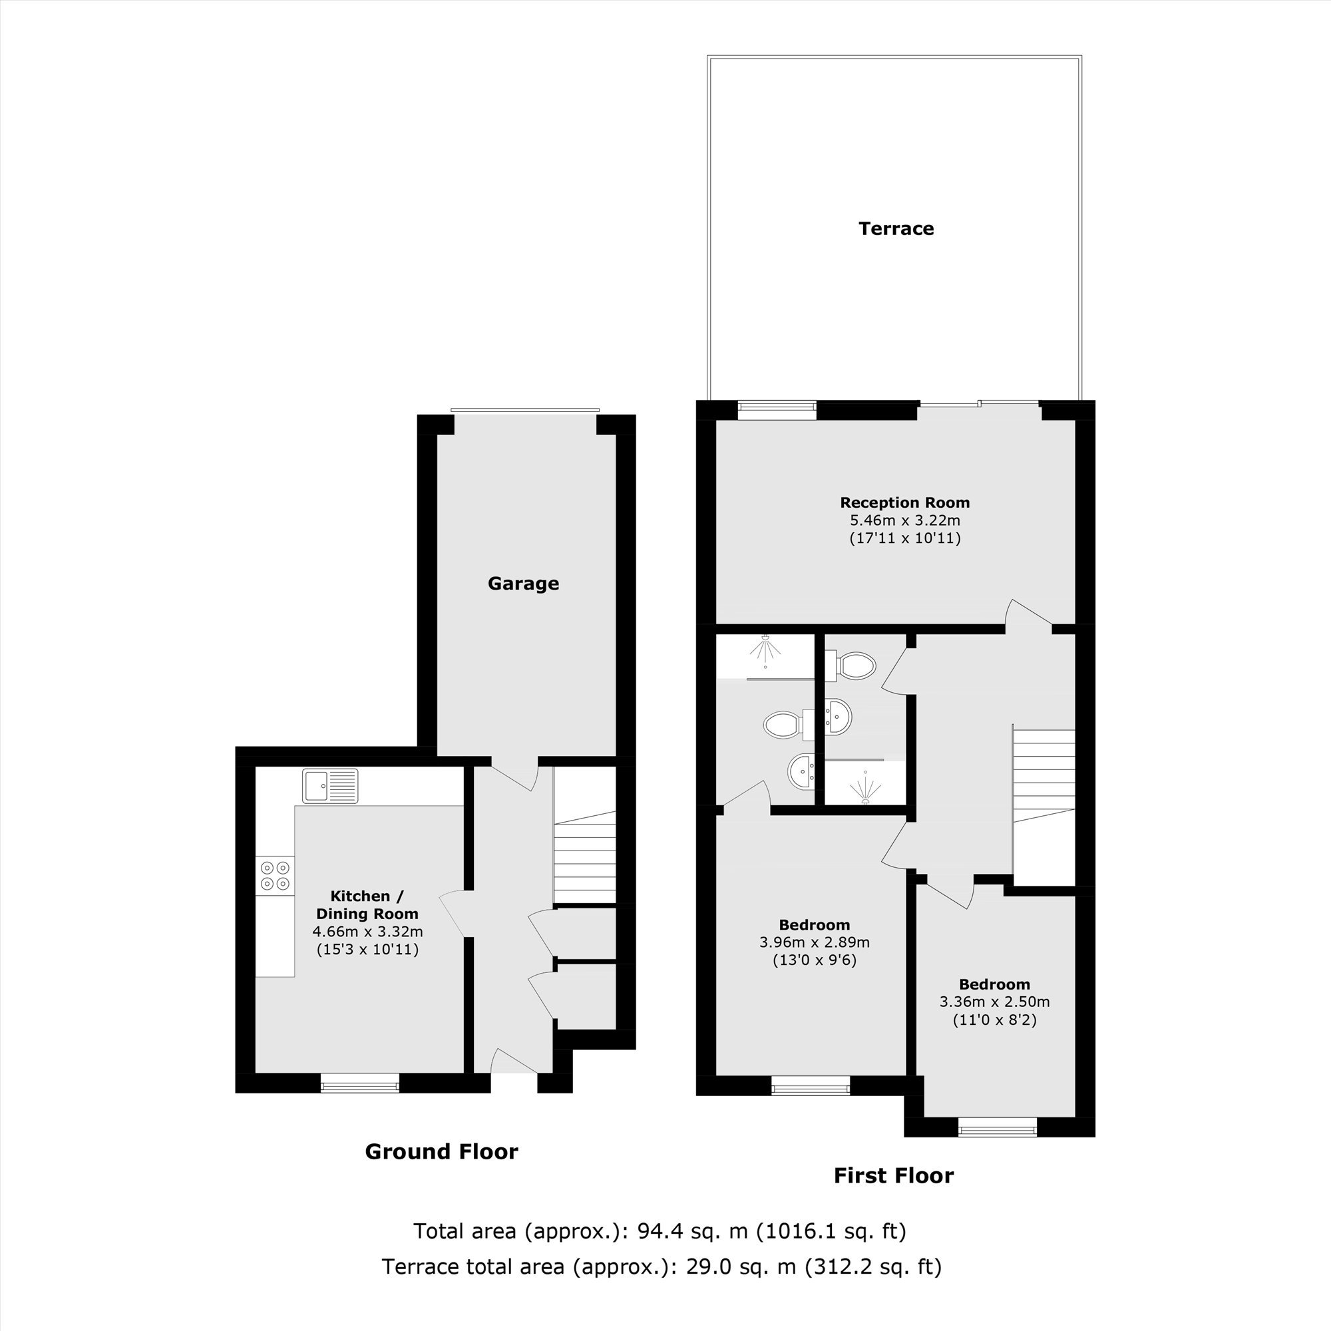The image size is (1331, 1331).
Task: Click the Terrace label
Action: [x=896, y=229]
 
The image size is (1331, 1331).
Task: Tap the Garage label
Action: [x=523, y=584]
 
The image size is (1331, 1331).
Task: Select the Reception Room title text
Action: [x=904, y=503]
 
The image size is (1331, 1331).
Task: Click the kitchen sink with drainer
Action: [x=330, y=786]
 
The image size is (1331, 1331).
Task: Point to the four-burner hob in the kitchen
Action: [x=276, y=875]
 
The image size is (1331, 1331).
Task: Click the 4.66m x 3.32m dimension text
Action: [x=367, y=932]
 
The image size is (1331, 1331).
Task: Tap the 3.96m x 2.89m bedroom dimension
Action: [x=815, y=942]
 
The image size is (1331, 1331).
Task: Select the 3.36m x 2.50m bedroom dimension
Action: [x=994, y=1002]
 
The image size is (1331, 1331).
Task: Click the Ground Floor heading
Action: [x=441, y=1151]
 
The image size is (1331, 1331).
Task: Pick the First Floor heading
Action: [x=894, y=1175]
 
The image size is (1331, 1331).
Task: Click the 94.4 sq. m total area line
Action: [x=660, y=1231]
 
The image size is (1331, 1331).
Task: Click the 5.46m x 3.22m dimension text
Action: [x=904, y=520]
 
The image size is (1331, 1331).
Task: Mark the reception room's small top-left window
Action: [x=777, y=411]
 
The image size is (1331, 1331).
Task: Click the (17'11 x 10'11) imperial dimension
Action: [x=904, y=538]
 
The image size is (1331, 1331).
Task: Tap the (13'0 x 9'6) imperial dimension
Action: [x=815, y=960]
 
